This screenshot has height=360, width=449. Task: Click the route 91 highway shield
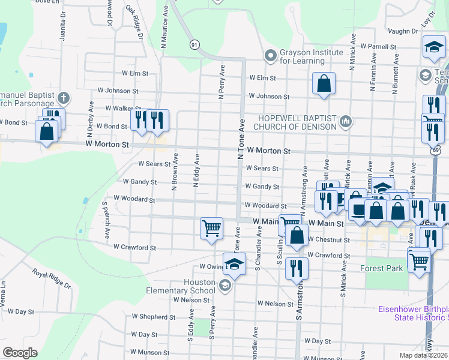(194, 45)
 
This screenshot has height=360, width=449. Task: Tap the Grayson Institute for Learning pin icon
(271, 56)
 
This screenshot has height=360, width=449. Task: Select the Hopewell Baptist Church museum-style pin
(345, 122)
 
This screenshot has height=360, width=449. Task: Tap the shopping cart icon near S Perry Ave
(211, 229)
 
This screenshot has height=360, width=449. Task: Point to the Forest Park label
(381, 269)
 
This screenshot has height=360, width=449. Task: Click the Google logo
(20, 353)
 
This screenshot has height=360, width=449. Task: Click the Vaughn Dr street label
(402, 31)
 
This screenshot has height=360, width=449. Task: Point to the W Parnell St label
(378, 46)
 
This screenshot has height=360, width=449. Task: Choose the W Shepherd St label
(157, 317)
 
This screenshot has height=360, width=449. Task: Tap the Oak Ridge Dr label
(134, 23)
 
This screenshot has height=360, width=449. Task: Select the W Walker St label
(123, 109)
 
